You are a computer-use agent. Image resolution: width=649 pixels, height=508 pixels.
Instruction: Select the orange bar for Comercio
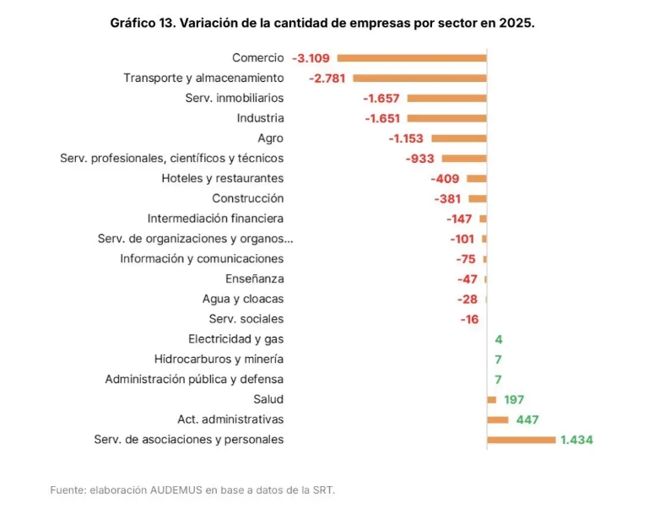point(412,58)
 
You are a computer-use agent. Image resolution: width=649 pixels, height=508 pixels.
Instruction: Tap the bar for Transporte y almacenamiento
point(419,78)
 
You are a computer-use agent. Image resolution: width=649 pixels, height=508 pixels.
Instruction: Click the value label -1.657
point(381,99)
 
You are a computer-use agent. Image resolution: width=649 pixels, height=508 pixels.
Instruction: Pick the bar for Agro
point(458,138)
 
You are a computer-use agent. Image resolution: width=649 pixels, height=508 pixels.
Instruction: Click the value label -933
point(420,159)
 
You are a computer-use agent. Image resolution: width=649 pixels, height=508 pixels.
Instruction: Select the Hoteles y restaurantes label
point(223,179)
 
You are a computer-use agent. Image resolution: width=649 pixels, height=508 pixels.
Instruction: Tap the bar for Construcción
point(478,199)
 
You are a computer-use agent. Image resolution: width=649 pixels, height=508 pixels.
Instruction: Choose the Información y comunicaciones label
point(202,259)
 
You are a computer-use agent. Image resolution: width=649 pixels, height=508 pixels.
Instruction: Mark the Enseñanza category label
point(254,279)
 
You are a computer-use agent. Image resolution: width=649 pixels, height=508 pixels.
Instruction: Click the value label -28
point(468,300)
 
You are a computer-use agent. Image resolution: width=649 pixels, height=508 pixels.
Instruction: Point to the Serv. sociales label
point(246,319)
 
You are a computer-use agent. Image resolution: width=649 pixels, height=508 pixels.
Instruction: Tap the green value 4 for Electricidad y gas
point(499,339)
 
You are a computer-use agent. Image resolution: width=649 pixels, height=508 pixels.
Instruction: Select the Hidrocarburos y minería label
point(219,359)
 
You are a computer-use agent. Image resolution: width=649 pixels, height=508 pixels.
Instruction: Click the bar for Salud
point(492,399)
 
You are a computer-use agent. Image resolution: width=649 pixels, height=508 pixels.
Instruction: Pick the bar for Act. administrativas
point(498,419)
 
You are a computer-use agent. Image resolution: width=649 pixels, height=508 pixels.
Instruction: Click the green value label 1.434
point(576,440)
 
